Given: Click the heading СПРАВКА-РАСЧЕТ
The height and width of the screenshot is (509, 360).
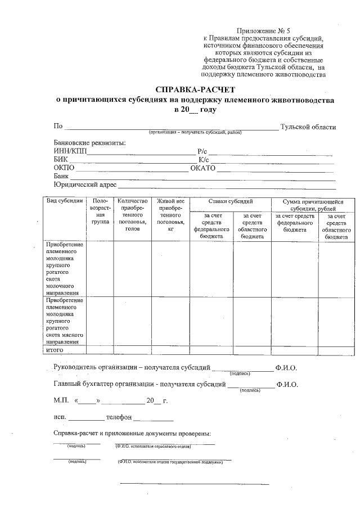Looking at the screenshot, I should (195, 89).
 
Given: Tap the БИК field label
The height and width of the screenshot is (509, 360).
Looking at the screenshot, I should (61, 160).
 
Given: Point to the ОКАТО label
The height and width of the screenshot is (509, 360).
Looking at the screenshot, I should (203, 168).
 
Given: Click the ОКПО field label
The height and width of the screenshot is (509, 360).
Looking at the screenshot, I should (64, 168).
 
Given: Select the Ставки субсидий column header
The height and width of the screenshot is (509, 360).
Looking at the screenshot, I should (230, 201).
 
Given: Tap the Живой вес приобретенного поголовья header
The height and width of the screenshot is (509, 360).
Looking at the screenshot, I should (170, 215).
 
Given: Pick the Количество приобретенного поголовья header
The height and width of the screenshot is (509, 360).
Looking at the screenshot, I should (132, 215).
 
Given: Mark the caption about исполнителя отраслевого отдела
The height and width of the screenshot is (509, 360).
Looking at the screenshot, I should (152, 447).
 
